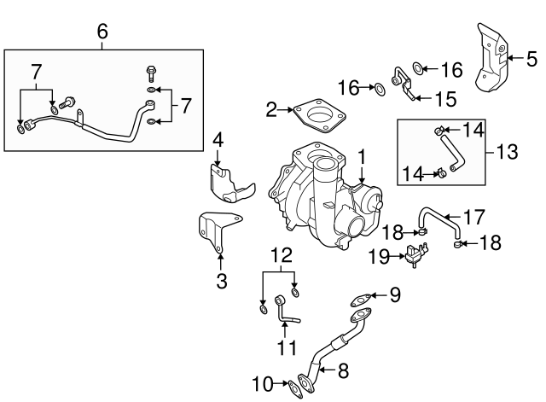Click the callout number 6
pos(102,32)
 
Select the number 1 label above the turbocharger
pos(363,157)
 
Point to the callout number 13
pos(506,152)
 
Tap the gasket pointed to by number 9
pos(362,299)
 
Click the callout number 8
pos(344,371)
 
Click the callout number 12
pos(280,254)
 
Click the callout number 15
pos(445,99)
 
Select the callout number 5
pos(531,59)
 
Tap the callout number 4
pos(218,138)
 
